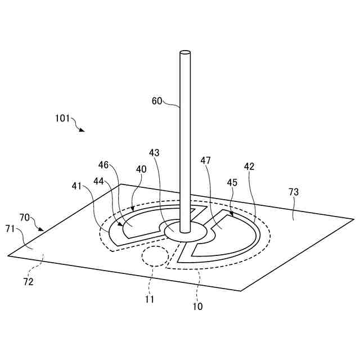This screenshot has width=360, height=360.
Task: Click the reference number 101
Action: coord(62,119)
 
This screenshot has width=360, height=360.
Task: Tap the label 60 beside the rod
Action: coord(157,101)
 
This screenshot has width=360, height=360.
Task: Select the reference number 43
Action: coord(155,153)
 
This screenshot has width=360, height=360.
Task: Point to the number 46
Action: coord(103,165)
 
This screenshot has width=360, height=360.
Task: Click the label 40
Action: coord(141,169)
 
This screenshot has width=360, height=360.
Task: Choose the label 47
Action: coord(206,161)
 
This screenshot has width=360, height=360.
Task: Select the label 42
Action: coord(249,166)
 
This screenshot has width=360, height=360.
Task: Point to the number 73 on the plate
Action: coord(294,192)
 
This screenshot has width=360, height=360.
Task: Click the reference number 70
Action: coord(25,217)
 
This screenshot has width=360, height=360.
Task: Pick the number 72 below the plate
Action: coord(28,282)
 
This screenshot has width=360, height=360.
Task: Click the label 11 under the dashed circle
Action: coord(149,299)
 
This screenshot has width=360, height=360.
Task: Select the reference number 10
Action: coord(197,307)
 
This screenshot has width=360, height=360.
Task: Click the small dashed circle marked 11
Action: coord(155,256)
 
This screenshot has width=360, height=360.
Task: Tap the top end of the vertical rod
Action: coord(185,53)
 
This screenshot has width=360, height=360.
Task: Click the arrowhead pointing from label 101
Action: coord(83,130)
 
